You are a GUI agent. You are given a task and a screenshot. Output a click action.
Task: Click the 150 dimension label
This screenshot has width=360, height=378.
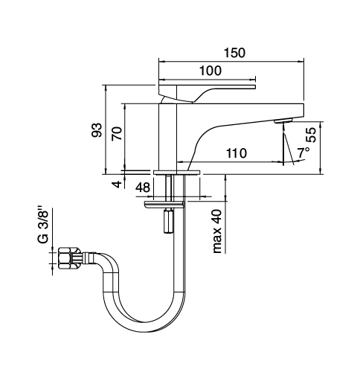pyautogui.click(x=234, y=53)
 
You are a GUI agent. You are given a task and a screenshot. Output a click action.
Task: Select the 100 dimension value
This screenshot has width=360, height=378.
pyautogui.click(x=210, y=71)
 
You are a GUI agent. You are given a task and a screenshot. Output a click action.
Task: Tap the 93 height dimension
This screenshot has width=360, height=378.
pyautogui.click(x=97, y=130)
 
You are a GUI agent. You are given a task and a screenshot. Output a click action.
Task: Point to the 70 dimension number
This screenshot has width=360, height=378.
pyautogui.click(x=117, y=133)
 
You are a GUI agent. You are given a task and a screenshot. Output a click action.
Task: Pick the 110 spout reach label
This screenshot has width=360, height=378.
pyautogui.click(x=237, y=153)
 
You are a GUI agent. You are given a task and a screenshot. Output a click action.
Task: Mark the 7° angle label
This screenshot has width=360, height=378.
pyautogui.click(x=303, y=153)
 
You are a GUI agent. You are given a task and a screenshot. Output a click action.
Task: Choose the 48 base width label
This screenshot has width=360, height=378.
pyautogui.click(x=143, y=188)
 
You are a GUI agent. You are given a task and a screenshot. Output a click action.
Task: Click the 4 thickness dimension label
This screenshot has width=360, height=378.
pyautogui.click(x=117, y=185)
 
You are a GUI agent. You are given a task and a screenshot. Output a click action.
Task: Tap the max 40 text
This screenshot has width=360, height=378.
pyautogui.click(x=216, y=231)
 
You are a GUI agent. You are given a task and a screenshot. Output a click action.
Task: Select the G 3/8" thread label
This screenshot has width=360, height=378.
pyautogui.click(x=42, y=225)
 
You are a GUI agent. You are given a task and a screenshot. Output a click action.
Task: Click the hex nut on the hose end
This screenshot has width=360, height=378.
pyautogui.click(x=66, y=258)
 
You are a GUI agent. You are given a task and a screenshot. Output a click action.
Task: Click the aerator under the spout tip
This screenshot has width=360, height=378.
pyautogui.click(x=283, y=121)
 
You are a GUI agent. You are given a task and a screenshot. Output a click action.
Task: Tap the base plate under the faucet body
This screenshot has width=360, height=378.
pyautogui.click(x=176, y=172)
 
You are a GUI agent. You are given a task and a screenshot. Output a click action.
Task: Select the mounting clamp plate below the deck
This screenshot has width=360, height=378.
pyautogui.click(x=164, y=204)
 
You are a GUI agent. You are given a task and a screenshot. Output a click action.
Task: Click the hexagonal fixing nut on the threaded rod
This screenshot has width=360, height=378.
pyautogui.click(x=168, y=222)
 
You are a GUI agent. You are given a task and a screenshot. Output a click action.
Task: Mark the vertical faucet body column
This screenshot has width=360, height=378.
pyautogui.click(x=167, y=137)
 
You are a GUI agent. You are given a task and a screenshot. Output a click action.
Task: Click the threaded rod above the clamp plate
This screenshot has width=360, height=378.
pyautogui.click(x=168, y=188)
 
